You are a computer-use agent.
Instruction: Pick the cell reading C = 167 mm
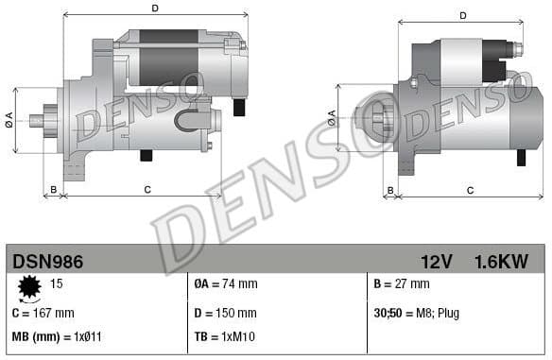point(44,313)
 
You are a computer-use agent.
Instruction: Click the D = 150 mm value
point(225,313)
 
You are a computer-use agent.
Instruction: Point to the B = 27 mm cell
point(402,283)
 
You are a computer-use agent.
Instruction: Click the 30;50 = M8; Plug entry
point(417,313)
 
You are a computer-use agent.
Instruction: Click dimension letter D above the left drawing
point(154,9)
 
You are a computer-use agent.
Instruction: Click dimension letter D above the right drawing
point(463,15)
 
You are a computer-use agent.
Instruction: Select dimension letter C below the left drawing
point(147,190)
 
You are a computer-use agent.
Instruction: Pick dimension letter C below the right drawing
point(470,190)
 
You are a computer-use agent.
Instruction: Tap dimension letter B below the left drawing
point(54,190)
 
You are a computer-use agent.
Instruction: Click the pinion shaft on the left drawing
point(38,120)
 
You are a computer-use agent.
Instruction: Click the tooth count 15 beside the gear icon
point(57,283)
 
